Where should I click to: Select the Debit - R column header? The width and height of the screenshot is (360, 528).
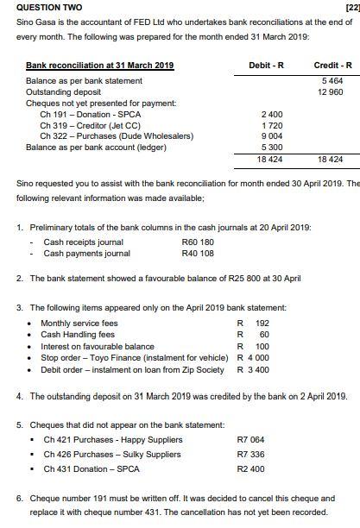264,66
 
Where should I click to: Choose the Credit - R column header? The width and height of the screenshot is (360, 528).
332,66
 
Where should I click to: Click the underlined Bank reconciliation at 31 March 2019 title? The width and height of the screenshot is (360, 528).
99,66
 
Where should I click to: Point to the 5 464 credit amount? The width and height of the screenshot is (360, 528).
331,81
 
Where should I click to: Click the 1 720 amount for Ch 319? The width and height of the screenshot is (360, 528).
270,126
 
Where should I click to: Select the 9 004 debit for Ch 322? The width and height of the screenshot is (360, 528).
270,136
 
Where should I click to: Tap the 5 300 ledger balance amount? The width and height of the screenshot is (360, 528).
270,148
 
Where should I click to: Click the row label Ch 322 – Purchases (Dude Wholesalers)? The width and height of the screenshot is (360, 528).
116,136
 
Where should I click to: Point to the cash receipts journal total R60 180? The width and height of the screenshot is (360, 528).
198,242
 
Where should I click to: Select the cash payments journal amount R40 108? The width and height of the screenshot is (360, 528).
198,254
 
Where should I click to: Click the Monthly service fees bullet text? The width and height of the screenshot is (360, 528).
79,324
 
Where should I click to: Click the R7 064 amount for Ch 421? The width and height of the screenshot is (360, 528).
251,440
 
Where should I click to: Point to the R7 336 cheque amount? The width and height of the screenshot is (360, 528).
251,455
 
